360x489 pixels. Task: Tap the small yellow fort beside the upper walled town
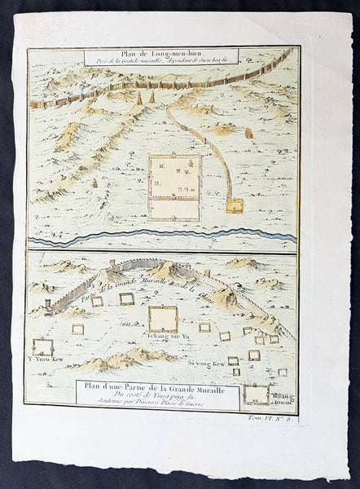pyautogui.click(x=235, y=205)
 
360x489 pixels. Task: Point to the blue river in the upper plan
pyautogui.click(x=163, y=238)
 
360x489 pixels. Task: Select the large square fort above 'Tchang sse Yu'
pyautogui.click(x=162, y=318)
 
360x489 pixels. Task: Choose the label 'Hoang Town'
pyautogui.click(x=281, y=394)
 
